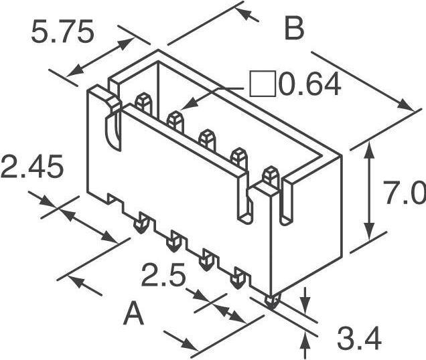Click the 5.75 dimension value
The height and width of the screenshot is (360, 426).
point(62,31)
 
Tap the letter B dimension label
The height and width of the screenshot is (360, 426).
point(294,30)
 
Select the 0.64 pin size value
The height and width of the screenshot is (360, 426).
point(309,85)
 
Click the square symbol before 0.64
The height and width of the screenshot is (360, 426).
point(261,84)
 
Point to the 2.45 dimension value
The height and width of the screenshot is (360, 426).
point(31,167)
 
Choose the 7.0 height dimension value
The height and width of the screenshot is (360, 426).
point(404,195)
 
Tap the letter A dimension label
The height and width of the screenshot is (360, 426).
point(135,314)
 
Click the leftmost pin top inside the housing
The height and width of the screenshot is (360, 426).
point(141,102)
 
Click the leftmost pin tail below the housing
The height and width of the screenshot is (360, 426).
point(141,223)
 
